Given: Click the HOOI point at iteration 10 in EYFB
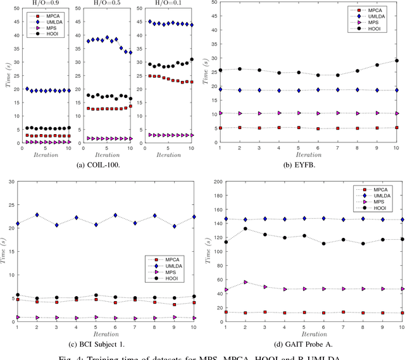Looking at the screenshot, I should [x=397, y=61].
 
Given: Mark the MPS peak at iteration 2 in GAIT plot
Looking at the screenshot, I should [x=246, y=282].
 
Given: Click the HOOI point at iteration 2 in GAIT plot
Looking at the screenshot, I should [x=246, y=229].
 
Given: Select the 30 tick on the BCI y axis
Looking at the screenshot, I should [x=11, y=182].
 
